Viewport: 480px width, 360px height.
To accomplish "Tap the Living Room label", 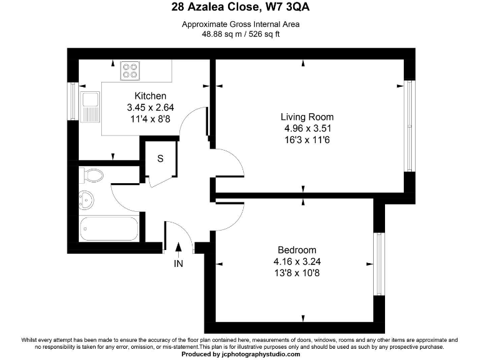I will [x=307, y=117].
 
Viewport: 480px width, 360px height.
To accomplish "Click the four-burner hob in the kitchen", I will [x=131, y=71].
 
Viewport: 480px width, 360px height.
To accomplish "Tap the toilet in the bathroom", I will [x=91, y=174].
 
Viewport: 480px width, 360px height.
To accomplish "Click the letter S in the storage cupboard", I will [x=160, y=159].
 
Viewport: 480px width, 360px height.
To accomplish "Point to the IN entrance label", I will [x=179, y=264].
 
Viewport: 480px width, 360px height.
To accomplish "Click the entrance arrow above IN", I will [x=179, y=249].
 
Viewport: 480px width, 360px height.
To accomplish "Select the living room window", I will [x=409, y=126].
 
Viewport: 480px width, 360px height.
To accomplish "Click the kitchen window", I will [x=72, y=102].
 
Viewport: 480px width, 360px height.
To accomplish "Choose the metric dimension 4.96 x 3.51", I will [x=307, y=129].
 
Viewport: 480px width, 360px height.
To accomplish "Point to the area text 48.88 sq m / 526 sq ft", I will [x=241, y=35].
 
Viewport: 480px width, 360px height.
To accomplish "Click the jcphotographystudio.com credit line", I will [x=241, y=354].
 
